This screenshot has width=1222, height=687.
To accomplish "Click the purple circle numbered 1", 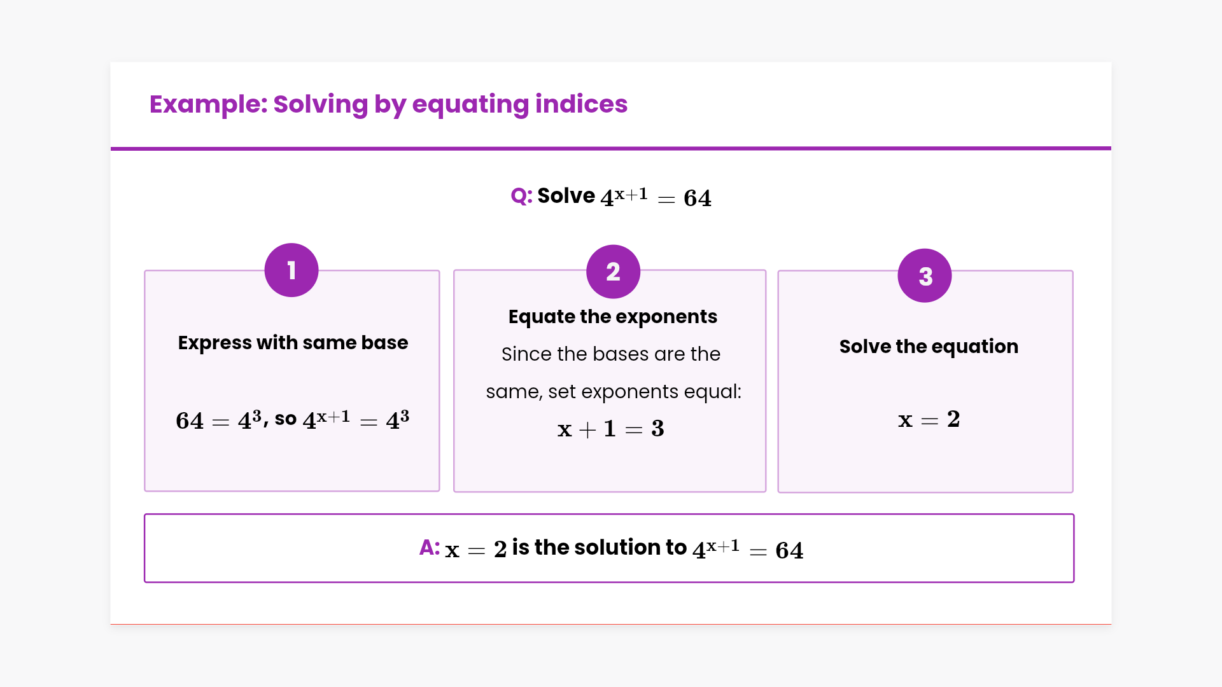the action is coord(291,270).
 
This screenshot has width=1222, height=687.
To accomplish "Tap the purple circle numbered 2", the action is coord(613,272).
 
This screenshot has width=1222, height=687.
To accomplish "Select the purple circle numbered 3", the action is coord(925,275).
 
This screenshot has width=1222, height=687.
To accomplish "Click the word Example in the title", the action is coord(209,104).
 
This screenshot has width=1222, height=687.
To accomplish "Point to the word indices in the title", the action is coord(581,104).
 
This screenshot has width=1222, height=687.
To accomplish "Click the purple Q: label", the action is coord(521,196).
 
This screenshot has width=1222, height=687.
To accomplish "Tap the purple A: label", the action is coord(430,548).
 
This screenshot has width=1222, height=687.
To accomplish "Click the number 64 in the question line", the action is coord(698,198).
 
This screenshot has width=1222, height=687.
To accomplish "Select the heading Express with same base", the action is coord(293,342).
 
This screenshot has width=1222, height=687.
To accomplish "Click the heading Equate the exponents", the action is coord(613,317).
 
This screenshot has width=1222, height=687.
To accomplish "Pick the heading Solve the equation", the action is coord(929,347).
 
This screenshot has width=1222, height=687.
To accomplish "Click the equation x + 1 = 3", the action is coord(611,429).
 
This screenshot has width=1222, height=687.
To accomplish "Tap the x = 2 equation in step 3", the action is coord(929,419).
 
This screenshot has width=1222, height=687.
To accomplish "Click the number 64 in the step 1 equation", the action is coord(190,421).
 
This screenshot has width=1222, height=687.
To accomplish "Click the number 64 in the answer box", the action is coord(789,550).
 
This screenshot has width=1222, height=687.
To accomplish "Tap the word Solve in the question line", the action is coord(566,196).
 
